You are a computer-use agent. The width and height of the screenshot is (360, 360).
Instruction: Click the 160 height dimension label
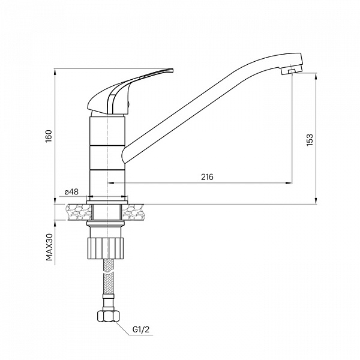point(49,136)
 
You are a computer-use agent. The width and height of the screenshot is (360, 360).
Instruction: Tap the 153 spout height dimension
point(310,140)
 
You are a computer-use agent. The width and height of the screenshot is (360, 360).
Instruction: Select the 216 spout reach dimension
point(207,177)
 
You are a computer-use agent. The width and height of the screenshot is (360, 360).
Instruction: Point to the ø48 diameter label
point(71,192)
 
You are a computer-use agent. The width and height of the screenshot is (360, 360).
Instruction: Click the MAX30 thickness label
point(49,247)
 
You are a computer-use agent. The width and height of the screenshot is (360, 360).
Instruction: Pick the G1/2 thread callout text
point(141,329)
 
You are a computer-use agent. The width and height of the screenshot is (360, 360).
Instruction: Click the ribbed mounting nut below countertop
point(106,248)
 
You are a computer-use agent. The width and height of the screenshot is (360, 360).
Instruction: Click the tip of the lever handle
point(172,70)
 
